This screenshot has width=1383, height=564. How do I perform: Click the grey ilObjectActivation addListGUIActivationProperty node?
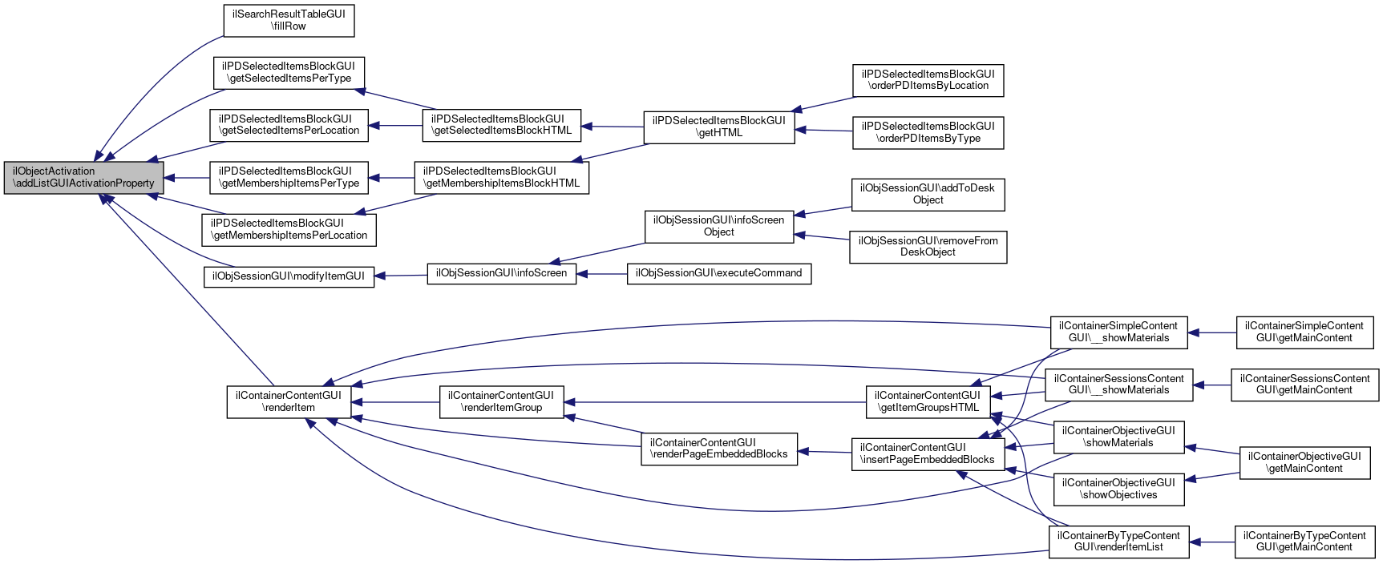84,178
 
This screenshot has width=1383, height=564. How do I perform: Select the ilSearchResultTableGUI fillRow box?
289,20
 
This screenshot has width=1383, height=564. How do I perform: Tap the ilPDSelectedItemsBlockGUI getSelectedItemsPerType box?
289,72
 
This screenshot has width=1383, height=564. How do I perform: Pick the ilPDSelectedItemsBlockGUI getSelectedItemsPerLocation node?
289,125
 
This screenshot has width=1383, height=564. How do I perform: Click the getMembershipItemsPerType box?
289,178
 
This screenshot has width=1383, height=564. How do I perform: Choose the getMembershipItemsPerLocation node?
289,230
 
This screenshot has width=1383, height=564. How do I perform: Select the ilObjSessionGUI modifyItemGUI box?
289,276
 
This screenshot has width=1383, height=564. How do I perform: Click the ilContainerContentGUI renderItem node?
289,402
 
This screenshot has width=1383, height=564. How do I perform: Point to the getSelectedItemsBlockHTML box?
501,125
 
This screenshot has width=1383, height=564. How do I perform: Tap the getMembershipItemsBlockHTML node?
501,178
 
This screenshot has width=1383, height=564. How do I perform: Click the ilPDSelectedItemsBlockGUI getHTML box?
719,127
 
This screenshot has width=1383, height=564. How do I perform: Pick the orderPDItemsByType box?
928,133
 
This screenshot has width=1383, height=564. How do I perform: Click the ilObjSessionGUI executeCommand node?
718,274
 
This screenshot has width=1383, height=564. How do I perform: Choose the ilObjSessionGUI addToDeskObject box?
928,195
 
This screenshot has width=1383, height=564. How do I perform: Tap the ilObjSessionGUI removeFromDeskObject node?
928,247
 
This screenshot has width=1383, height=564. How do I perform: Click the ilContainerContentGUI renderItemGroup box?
501,402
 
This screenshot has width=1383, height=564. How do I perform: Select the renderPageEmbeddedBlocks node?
719,449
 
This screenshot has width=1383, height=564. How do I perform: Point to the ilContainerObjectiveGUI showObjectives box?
1118,489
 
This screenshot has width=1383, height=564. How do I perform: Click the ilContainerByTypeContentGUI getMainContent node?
1304,542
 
